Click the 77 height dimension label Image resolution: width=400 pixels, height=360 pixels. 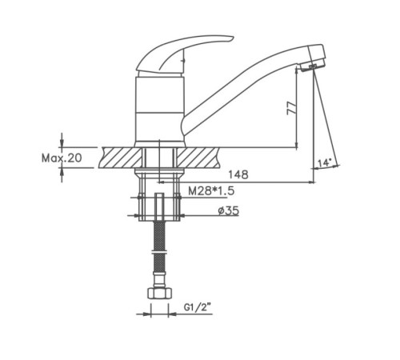(291, 108)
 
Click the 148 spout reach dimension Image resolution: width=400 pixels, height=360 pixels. (238, 174)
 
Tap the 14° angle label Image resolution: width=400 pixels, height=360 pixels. (325, 162)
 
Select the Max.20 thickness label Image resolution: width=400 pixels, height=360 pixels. (62, 158)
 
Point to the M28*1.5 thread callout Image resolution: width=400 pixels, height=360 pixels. (211, 191)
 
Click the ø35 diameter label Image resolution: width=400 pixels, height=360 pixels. (229, 210)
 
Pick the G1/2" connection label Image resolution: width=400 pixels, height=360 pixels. (197, 307)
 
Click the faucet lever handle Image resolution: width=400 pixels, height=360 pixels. (184, 54)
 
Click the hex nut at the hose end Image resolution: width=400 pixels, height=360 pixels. (159, 293)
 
